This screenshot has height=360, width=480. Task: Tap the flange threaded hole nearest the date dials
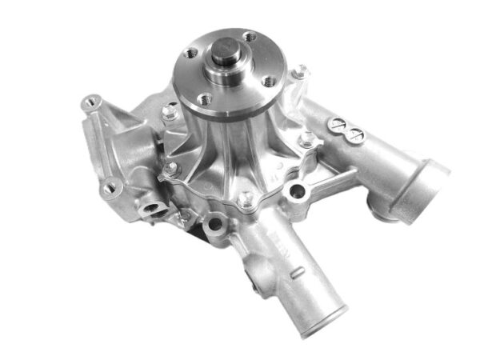[x=249, y=36]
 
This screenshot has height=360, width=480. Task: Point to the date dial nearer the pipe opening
[x=356, y=136]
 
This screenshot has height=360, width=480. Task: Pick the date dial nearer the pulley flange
[x=339, y=124]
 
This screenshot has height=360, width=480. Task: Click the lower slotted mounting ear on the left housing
[x=110, y=188]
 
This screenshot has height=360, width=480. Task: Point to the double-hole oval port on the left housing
[x=150, y=210]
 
